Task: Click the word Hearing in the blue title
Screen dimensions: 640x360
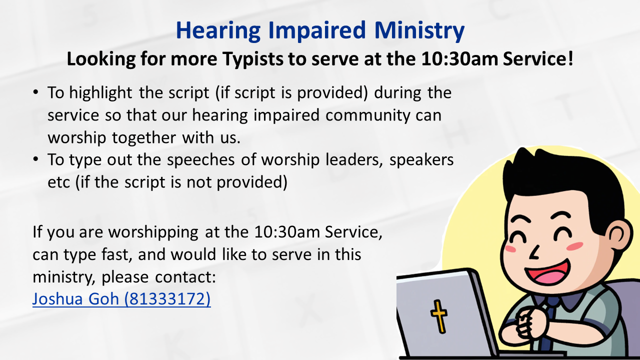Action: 218,30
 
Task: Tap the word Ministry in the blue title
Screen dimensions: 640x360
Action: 419,30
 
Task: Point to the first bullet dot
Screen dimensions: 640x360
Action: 35,92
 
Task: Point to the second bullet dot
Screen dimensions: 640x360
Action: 35,159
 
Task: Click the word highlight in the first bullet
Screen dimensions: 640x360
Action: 100,93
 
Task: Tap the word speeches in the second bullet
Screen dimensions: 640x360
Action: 201,160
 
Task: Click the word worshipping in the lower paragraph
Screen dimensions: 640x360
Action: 153,232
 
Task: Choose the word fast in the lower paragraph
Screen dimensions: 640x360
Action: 117,255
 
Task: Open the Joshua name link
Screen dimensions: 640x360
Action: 75,299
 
